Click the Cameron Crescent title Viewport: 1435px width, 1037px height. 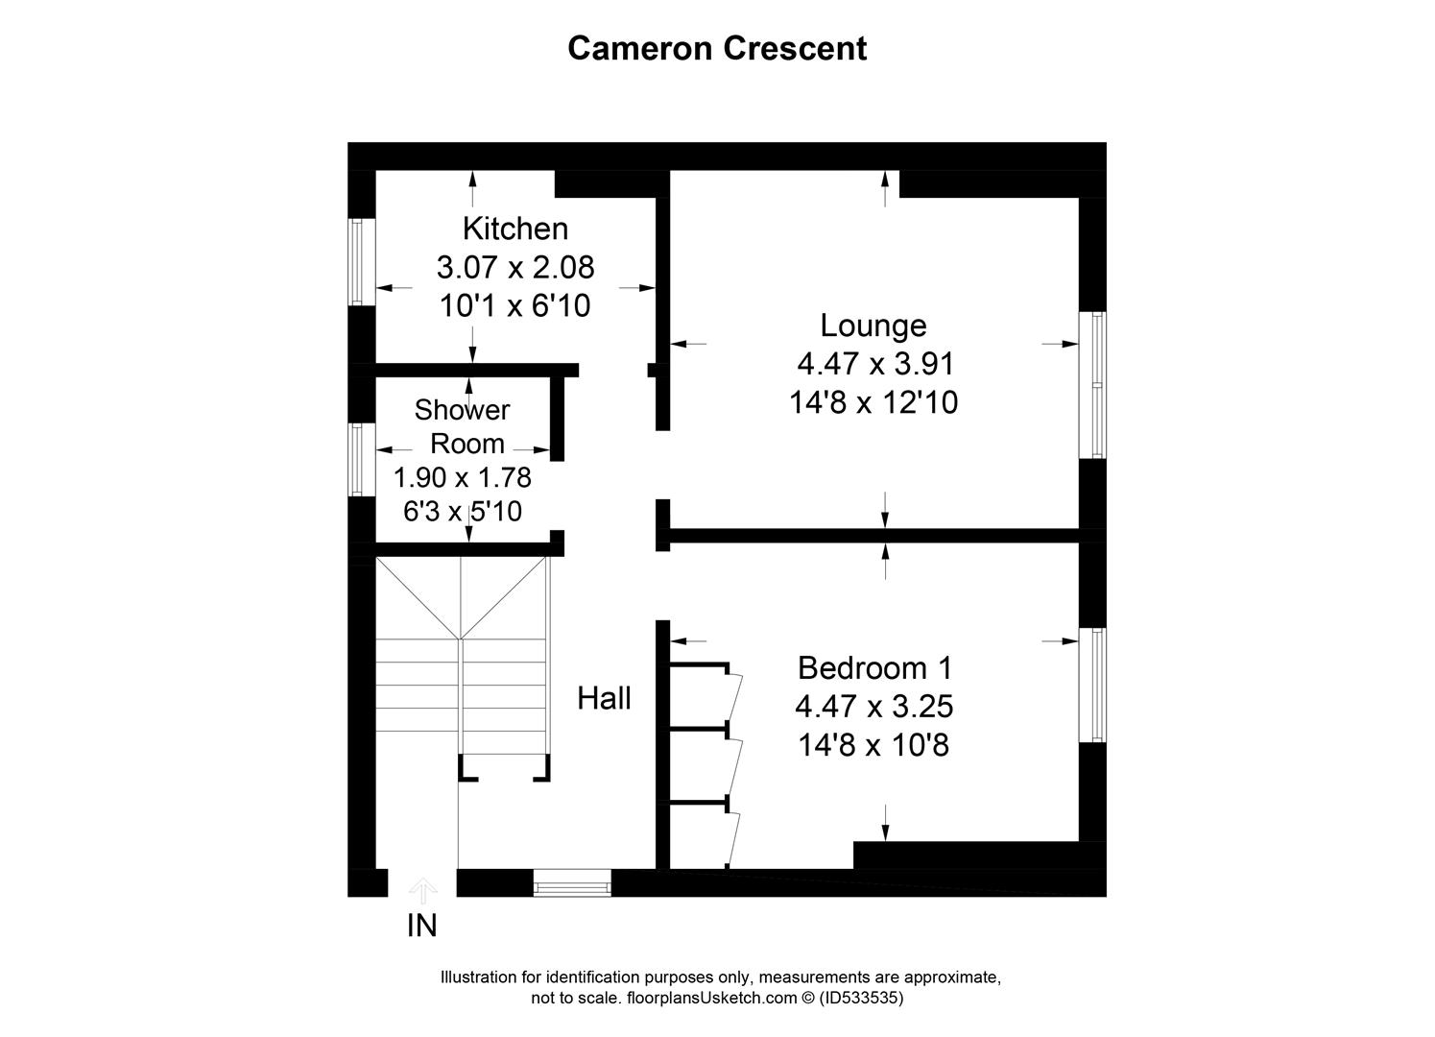[717, 48]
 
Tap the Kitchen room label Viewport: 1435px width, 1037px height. [515, 229]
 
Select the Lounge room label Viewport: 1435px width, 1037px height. [873, 326]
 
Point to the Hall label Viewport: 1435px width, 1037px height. [604, 698]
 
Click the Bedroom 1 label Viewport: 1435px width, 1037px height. [874, 667]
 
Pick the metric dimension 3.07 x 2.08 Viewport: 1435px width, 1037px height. [515, 266]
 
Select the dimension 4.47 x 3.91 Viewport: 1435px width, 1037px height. [874, 364]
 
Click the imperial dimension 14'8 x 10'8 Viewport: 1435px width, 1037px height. [873, 744]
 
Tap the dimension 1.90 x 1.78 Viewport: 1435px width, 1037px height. [463, 477]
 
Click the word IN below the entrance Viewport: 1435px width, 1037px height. [422, 926]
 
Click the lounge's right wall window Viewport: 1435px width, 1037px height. [1092, 384]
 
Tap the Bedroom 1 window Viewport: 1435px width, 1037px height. [1092, 685]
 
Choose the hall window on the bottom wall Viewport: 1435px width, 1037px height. [572, 882]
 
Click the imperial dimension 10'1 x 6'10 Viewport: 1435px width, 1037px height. [514, 305]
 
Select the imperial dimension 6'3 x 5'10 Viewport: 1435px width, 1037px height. [463, 511]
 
